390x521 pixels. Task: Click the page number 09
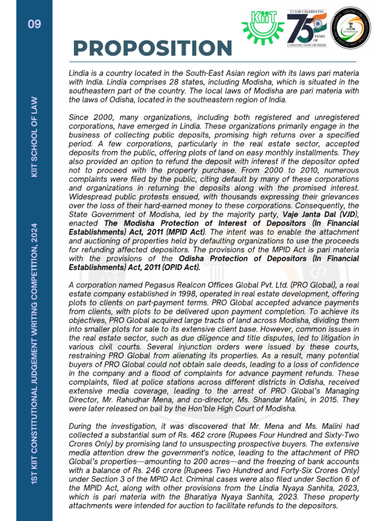click(35, 24)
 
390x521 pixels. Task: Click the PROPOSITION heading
click(152, 48)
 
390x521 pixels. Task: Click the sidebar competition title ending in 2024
click(35, 352)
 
